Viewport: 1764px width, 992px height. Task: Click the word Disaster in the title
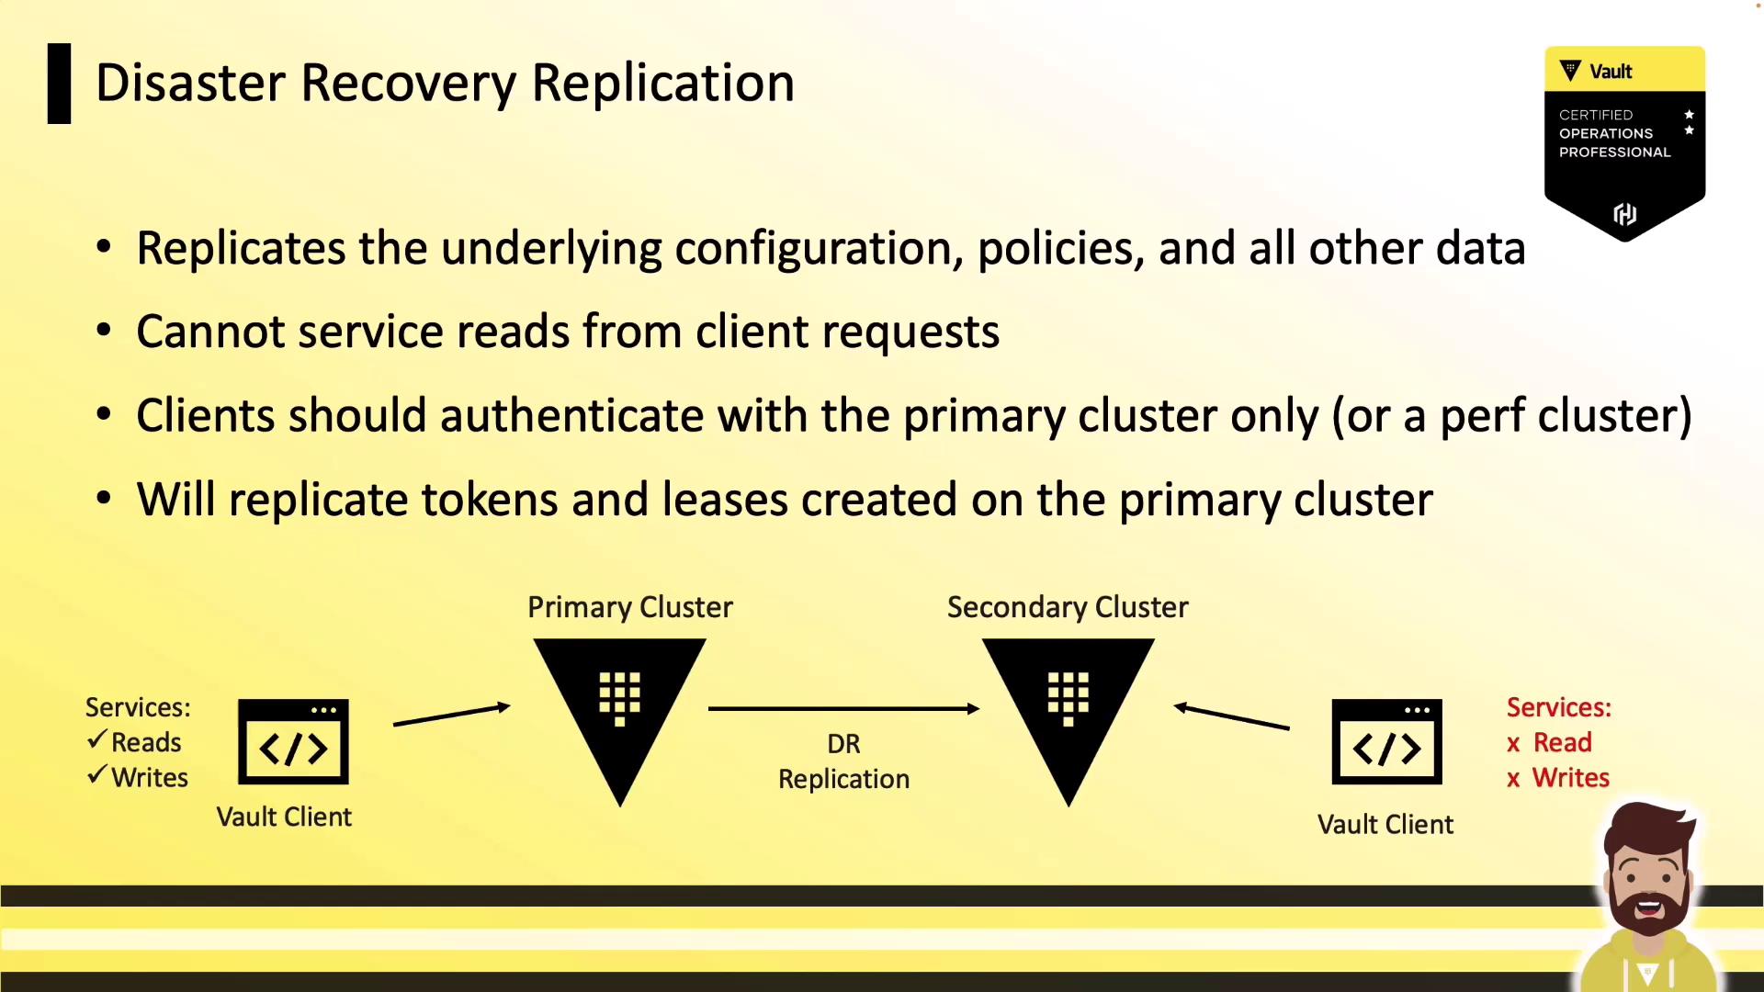[x=190, y=83]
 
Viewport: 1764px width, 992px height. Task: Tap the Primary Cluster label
[x=630, y=607]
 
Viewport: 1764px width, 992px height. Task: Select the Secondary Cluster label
[x=1068, y=607]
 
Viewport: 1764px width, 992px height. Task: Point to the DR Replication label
[x=843, y=761]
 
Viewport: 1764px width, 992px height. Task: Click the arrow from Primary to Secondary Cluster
[x=843, y=708]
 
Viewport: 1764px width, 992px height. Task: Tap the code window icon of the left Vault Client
[x=293, y=742]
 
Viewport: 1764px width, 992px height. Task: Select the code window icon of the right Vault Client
[x=1387, y=742]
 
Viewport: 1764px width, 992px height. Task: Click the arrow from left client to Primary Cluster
[x=452, y=715]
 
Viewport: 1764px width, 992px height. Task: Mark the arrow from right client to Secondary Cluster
[x=1231, y=716]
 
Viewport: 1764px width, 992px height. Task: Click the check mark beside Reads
[x=97, y=739]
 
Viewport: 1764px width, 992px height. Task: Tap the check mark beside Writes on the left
[x=97, y=775]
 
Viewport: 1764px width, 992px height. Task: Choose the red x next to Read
[x=1513, y=744]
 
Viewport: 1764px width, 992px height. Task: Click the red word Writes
[x=1571, y=778]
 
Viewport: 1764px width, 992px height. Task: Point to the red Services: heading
[x=1559, y=707]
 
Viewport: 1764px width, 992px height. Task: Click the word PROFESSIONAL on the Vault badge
[x=1615, y=152]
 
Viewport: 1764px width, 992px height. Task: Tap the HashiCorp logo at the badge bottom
[x=1625, y=214]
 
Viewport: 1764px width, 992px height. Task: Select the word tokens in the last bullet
[x=490, y=501]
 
